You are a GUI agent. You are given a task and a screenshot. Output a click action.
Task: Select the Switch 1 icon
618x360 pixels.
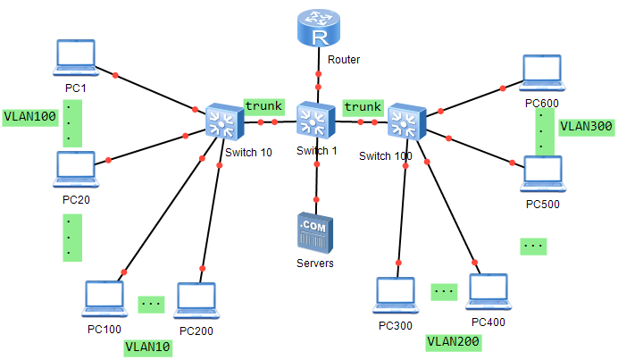tap(316, 121)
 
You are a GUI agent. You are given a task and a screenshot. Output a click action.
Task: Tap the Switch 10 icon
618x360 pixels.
tap(222, 121)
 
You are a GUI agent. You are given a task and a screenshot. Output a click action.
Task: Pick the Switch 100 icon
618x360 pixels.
tap(405, 121)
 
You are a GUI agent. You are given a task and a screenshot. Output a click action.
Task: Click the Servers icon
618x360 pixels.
tap(315, 232)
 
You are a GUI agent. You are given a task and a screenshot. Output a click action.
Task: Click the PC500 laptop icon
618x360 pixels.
tap(542, 175)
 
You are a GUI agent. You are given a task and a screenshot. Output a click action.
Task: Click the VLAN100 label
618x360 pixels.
tap(29, 117)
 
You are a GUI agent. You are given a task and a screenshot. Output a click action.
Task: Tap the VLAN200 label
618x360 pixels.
tap(454, 340)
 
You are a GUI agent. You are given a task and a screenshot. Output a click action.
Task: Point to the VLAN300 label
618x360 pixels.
tap(586, 127)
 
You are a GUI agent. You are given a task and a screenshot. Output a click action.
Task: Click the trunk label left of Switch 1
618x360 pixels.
tap(264, 105)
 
